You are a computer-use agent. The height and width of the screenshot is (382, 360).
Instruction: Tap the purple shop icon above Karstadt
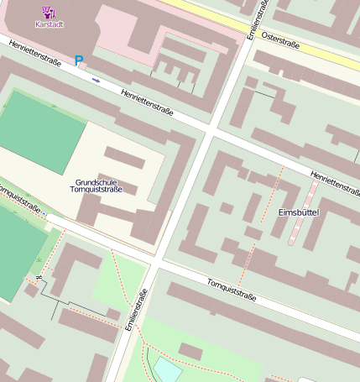pos(48,12)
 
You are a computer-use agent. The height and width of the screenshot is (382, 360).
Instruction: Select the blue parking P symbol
pos(80,60)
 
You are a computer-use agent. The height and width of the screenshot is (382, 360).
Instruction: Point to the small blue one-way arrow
pos(96,81)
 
